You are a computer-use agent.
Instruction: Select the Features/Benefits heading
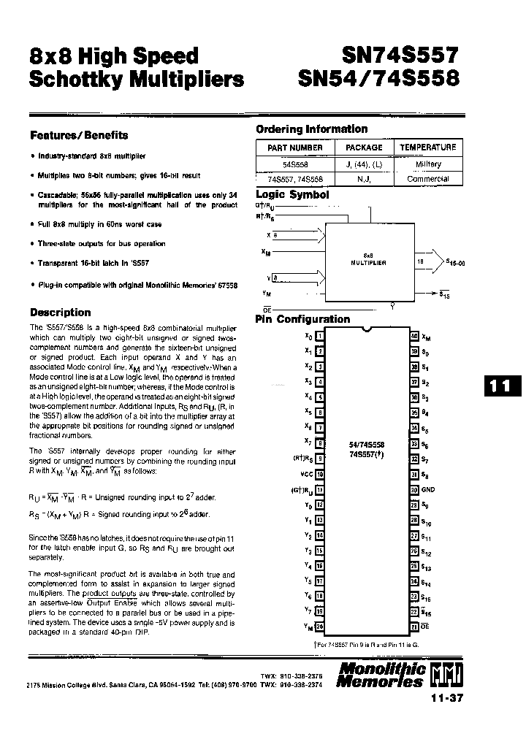click(78, 135)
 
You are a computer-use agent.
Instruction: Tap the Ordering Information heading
click(311, 129)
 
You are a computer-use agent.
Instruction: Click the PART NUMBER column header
click(296, 148)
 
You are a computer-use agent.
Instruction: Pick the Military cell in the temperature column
click(428, 165)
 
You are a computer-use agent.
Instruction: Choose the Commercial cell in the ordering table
click(428, 179)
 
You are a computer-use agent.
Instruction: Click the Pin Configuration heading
click(302, 319)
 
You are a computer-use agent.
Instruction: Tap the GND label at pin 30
click(428, 490)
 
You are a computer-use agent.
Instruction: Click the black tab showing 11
click(500, 386)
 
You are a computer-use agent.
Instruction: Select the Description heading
click(60, 313)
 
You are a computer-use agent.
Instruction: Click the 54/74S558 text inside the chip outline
click(367, 444)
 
